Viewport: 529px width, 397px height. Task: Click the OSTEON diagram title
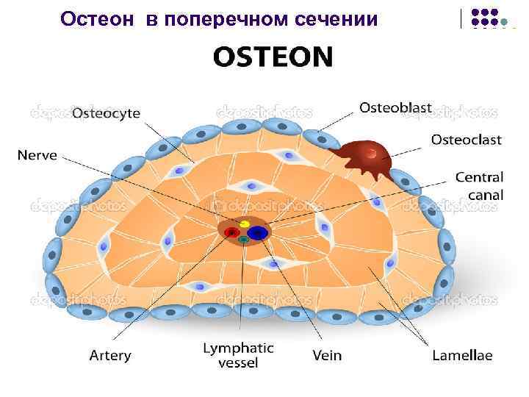click(x=273, y=56)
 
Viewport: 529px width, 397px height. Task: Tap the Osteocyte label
click(x=107, y=114)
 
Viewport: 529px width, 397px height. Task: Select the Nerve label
click(x=37, y=155)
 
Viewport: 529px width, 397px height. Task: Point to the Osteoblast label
click(x=395, y=108)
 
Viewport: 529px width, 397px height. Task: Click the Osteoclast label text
click(x=467, y=139)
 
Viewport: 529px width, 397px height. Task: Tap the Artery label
click(x=110, y=356)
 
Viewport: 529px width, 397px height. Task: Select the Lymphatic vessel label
click(x=238, y=355)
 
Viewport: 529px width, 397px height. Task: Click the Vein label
click(x=327, y=356)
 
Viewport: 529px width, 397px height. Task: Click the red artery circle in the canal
click(x=232, y=234)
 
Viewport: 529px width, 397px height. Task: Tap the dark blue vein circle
click(x=256, y=233)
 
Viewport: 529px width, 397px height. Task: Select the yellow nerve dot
click(x=245, y=223)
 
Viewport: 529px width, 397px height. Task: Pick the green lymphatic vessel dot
click(x=242, y=240)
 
